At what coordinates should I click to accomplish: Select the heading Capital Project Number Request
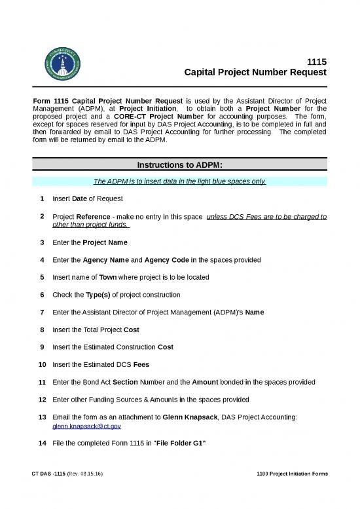pos(256,73)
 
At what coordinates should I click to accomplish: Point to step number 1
pos(41,198)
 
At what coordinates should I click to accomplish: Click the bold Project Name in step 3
pos(100,242)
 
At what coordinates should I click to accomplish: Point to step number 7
pos(41,312)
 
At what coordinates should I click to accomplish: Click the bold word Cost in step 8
pos(131,330)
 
